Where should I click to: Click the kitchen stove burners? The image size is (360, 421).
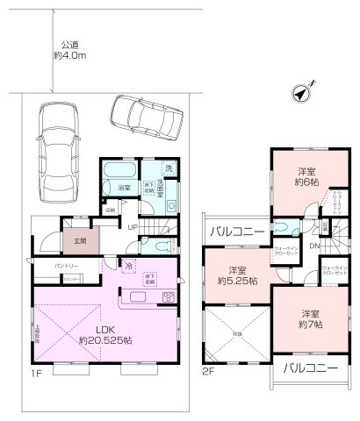pos(168,299)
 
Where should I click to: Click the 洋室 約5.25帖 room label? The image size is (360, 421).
pos(237,275)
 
